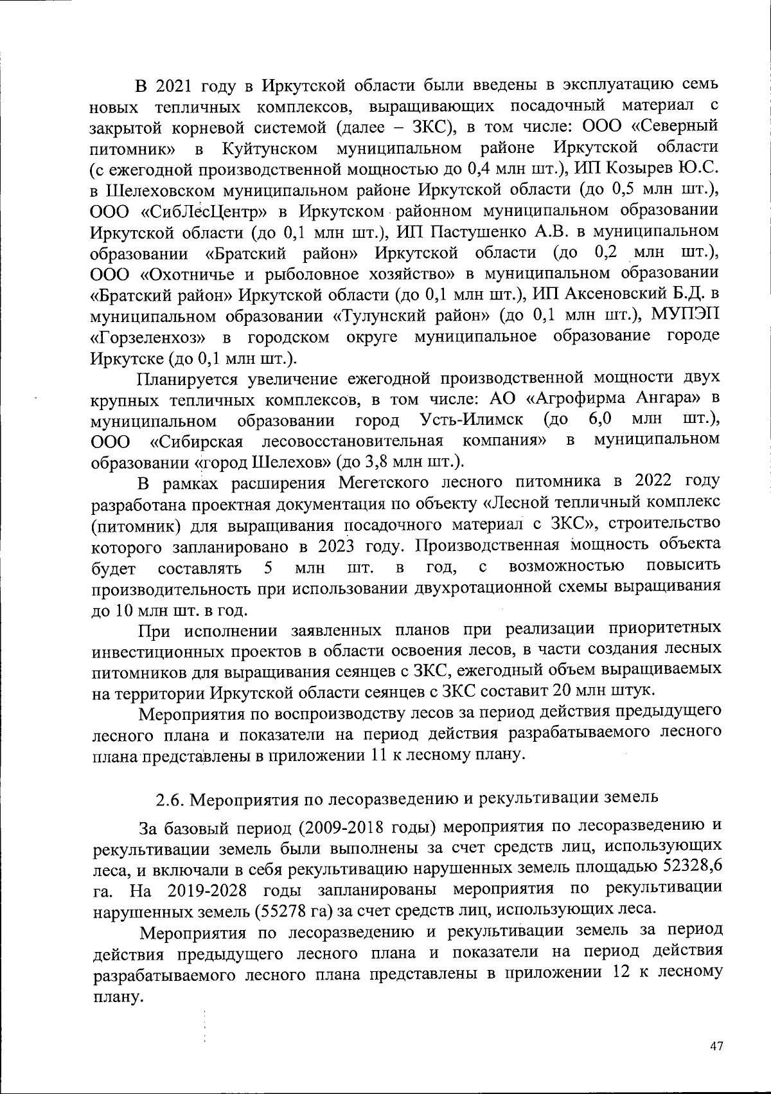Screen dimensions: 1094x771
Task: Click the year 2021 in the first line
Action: click(x=174, y=86)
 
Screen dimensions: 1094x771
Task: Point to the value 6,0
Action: click(x=599, y=420)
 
